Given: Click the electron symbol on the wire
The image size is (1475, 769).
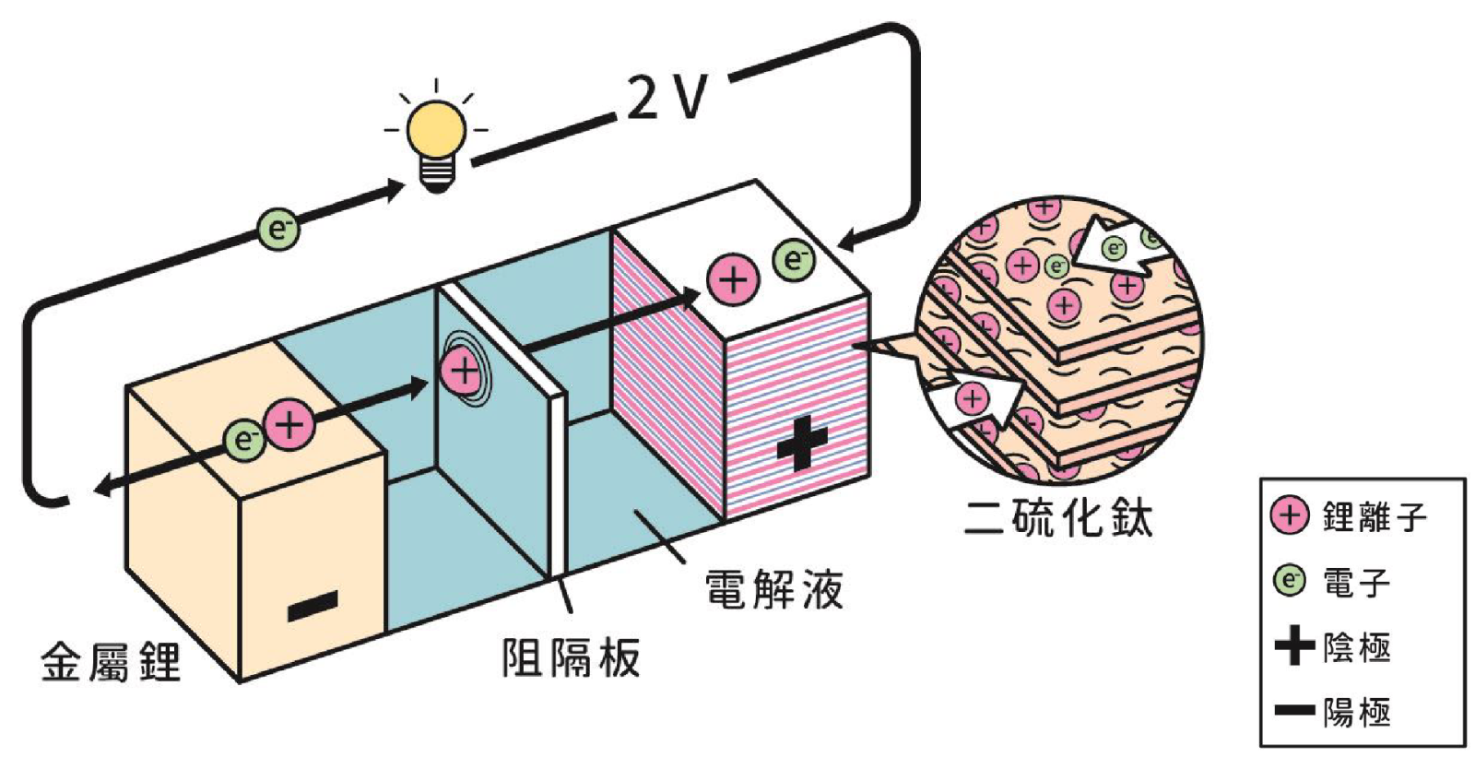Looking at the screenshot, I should click(x=277, y=228).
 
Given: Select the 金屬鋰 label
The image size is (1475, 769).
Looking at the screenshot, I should click(x=111, y=662).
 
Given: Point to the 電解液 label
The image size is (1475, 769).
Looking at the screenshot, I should click(x=773, y=589).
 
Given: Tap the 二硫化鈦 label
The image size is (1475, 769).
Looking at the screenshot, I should click(x=1058, y=518).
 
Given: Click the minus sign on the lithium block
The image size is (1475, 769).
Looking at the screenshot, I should click(x=313, y=607).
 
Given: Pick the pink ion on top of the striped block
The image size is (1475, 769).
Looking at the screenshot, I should click(x=733, y=278).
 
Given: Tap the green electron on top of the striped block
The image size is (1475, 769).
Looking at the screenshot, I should click(x=794, y=260).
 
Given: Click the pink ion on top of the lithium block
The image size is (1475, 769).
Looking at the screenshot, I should click(x=289, y=425).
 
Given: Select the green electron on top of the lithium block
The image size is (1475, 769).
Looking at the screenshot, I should click(x=244, y=440).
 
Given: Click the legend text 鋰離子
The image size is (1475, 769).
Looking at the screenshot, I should click(x=1374, y=516).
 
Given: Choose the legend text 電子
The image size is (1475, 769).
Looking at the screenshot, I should click(x=1356, y=582).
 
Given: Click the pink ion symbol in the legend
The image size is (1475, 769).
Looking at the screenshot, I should click(x=1290, y=515).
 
